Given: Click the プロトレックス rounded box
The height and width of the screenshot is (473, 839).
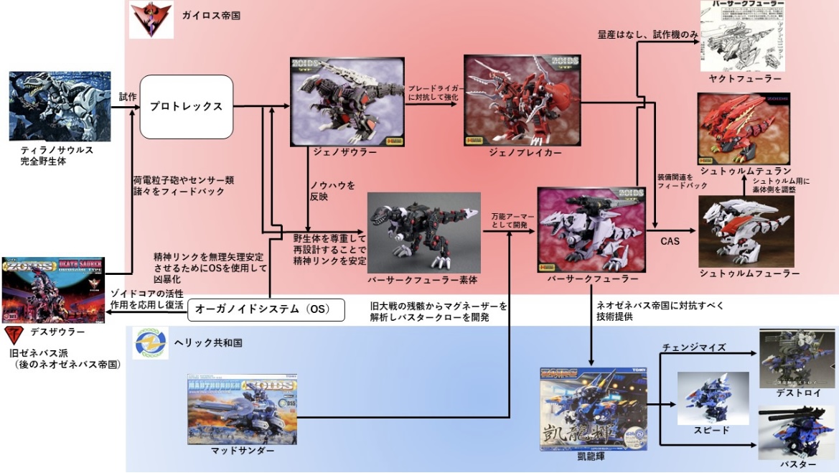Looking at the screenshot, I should (187, 107).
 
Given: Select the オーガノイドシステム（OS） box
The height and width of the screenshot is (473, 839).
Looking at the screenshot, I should (267, 309).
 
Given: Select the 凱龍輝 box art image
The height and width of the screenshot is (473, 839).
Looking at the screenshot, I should (591, 409).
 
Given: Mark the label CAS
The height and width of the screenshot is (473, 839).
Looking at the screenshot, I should (670, 241).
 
